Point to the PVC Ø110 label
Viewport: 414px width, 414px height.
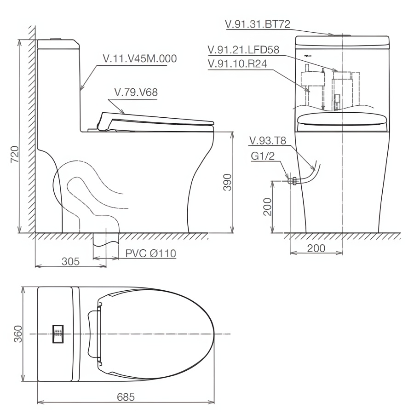[150, 253]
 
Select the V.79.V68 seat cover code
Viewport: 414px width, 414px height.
[136, 92]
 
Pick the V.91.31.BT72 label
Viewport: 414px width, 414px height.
[258, 24]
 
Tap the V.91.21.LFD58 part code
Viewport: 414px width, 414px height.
[244, 50]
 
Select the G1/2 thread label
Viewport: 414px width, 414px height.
[262, 157]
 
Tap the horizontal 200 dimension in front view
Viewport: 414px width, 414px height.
[316, 248]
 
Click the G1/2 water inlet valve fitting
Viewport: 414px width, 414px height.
[291, 181]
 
